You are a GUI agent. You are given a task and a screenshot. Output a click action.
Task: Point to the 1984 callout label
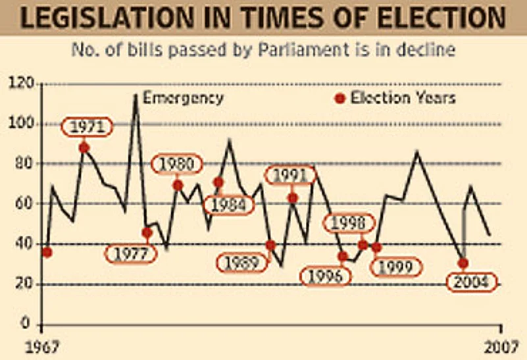coord(228,205)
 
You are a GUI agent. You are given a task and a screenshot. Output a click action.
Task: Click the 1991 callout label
coord(291,175)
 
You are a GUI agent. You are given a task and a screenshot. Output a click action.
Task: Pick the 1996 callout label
coord(326,276)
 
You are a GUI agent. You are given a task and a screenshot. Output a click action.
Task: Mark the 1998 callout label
coord(347,224)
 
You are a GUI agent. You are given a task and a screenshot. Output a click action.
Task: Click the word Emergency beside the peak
coord(183,98)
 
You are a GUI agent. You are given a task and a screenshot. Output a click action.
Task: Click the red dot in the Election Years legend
coord(340,99)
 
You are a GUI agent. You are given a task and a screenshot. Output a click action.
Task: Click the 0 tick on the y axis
coord(26,324)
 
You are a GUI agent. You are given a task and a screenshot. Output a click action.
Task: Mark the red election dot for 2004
coord(463,263)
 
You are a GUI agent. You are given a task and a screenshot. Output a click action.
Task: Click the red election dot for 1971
coord(84,147)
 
